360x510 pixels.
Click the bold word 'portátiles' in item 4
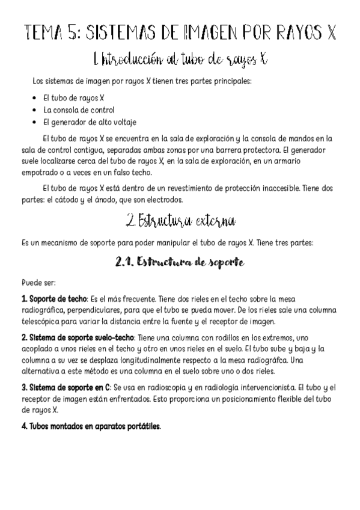click(x=142, y=426)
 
